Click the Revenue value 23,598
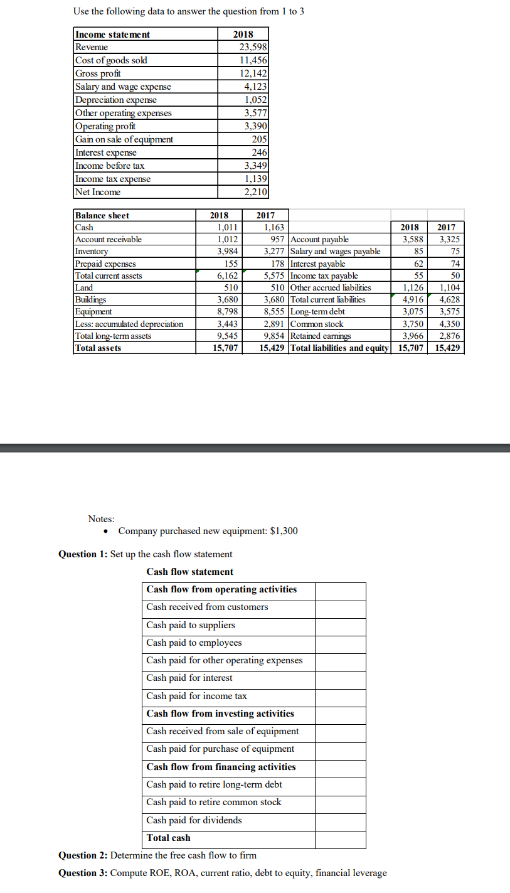(254, 47)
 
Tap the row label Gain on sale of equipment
(124, 139)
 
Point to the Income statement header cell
(113, 35)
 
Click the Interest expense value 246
(259, 152)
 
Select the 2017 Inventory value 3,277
(274, 252)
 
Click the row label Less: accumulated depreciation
(129, 324)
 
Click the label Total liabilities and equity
(340, 348)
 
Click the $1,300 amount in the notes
(284, 531)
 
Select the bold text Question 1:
(83, 554)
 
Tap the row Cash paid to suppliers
(191, 625)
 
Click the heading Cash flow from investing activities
(220, 714)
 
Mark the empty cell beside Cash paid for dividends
(340, 820)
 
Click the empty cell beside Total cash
(340, 838)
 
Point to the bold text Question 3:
(83, 873)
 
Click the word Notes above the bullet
(101, 519)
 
